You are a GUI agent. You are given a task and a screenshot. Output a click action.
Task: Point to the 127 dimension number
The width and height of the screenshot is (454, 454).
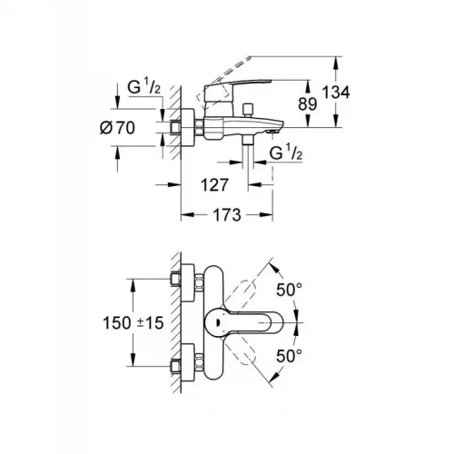tap(212, 183)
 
